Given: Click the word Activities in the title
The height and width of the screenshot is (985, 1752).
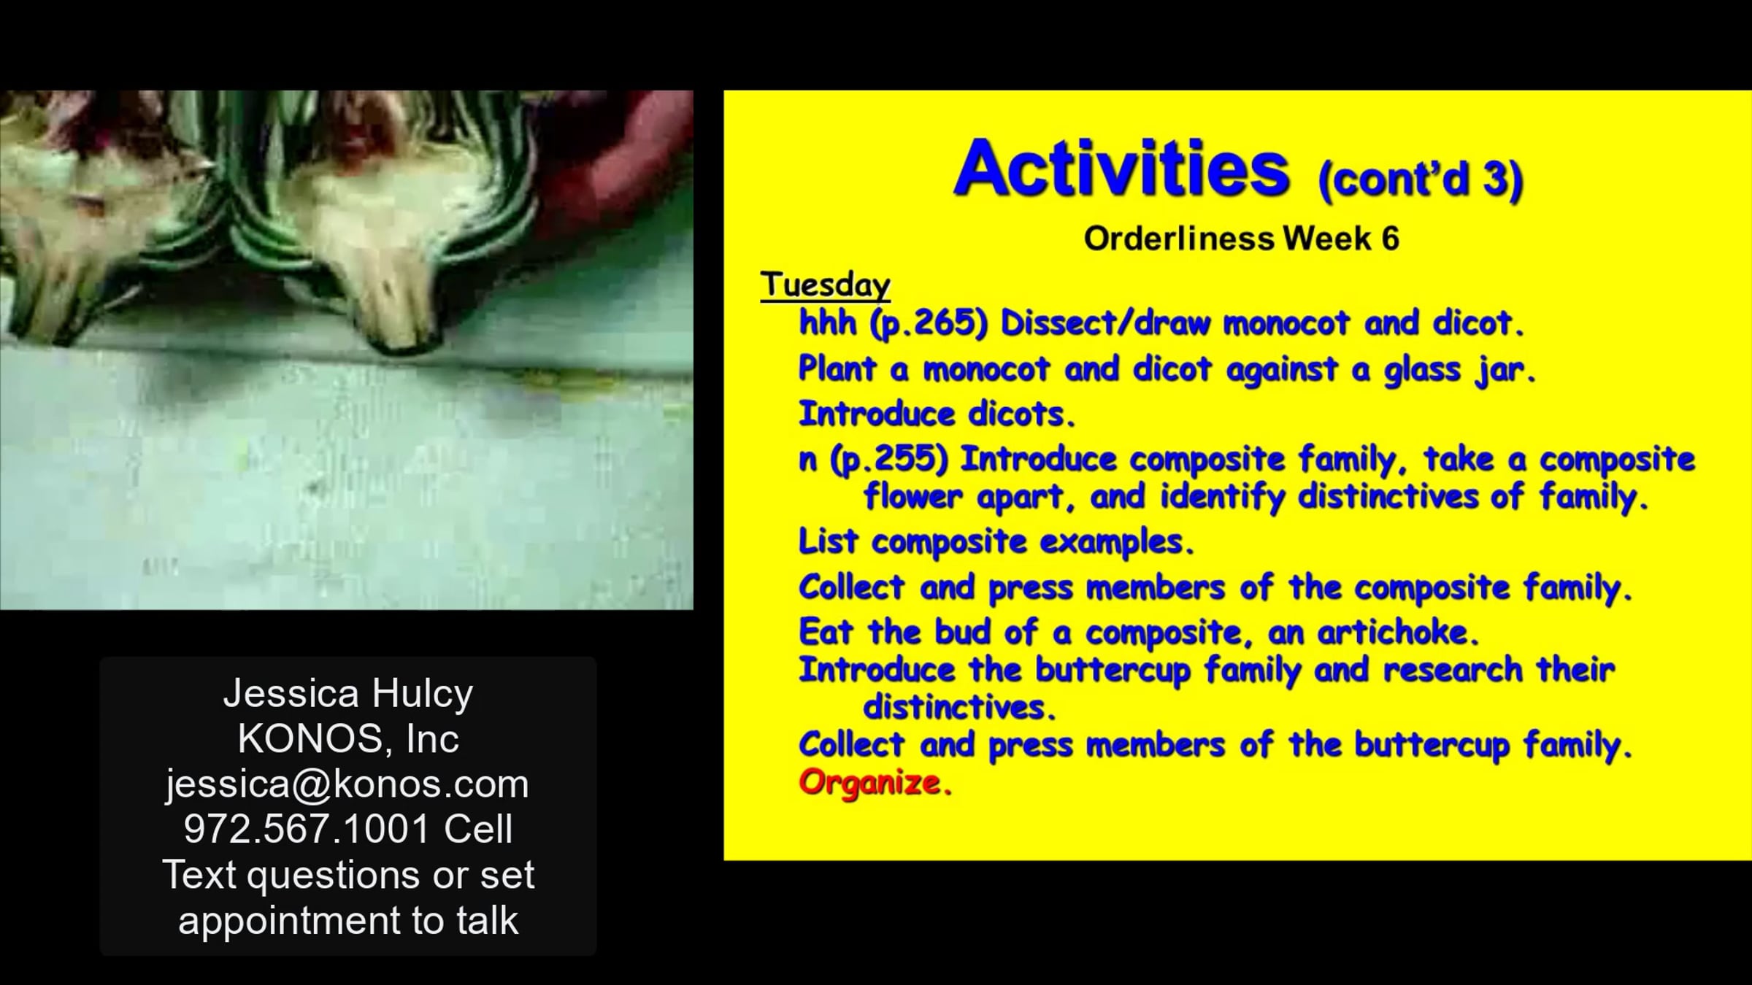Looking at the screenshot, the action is pos(1121,169).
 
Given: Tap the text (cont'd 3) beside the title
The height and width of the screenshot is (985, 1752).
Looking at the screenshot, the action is pos(1421,179).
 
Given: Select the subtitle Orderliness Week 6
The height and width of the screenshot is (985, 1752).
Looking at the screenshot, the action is pos(1241,239).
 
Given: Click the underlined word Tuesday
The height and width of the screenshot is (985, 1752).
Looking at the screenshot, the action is pos(825,285).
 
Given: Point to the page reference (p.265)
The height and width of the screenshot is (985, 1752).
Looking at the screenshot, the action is pos(928,324).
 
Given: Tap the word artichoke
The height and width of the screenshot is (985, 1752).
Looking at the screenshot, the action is pos(1397,632).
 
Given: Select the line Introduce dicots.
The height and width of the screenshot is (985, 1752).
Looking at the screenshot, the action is pos(937,414).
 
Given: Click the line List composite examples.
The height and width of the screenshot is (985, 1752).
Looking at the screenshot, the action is pos(996,542).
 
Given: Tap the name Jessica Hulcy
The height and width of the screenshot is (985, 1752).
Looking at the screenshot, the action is pos(348,693).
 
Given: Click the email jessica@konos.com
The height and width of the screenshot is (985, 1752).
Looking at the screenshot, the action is pos(347,784).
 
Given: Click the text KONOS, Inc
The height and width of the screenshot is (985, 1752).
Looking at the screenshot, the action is pos(348,738).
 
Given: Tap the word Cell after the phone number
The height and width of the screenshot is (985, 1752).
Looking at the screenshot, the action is pos(478,829).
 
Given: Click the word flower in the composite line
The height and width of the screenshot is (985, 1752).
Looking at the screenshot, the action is pos(912,498).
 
